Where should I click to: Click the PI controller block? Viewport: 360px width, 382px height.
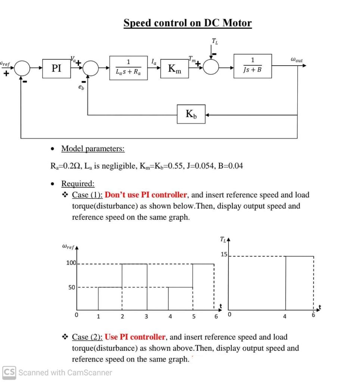[56, 68]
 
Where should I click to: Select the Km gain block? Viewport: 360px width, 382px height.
[174, 68]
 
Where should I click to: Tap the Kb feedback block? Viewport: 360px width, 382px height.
[191, 114]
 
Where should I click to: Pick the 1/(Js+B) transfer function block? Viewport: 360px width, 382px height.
[252, 66]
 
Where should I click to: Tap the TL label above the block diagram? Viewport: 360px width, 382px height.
[215, 41]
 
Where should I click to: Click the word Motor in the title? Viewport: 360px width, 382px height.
[237, 23]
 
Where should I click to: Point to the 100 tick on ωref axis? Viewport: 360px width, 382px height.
[71, 263]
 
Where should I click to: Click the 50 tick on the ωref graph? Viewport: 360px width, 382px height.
[72, 287]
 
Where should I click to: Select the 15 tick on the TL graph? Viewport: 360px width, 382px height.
[224, 254]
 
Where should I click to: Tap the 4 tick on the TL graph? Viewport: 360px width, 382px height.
[285, 317]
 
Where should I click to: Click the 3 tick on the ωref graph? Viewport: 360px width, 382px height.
[146, 317]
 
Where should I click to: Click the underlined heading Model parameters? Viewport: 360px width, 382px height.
[93, 149]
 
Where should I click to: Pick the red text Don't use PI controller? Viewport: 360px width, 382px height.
[146, 195]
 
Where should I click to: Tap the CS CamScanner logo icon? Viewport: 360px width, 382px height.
[9, 372]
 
